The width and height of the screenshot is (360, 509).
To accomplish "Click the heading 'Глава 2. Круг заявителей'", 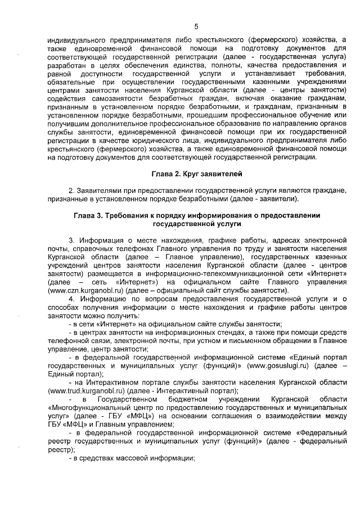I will click(x=196, y=174).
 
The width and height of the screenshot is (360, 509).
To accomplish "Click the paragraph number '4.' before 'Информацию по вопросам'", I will click(x=71, y=299).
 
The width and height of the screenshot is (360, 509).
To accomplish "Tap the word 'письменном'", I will click(x=259, y=340).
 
